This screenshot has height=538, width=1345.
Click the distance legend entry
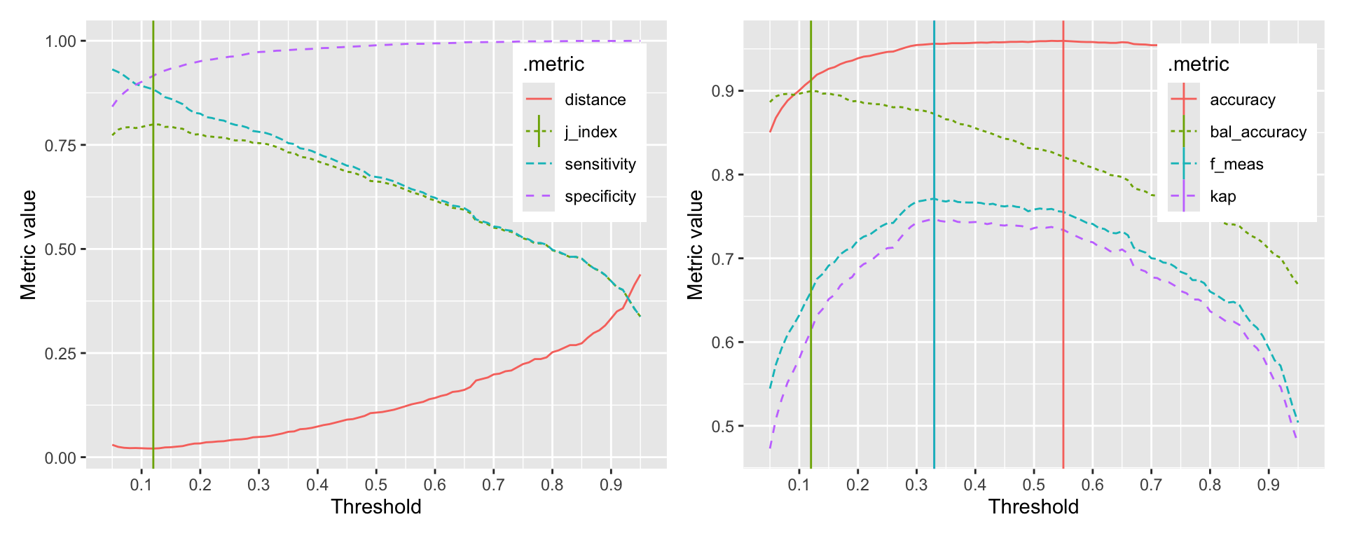click(x=595, y=99)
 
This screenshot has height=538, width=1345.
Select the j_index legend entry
click(x=591, y=132)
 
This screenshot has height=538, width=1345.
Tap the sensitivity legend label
click(x=600, y=164)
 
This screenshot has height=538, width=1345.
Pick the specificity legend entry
click(x=600, y=196)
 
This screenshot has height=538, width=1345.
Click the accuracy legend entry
click(x=1242, y=99)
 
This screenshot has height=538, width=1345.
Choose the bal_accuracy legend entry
click(x=1258, y=132)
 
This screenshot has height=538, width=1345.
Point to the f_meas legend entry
click(x=1236, y=164)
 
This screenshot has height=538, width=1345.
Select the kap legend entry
click(x=1222, y=196)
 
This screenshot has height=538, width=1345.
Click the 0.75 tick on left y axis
click(x=60, y=145)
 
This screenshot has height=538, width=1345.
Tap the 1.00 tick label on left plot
click(x=60, y=41)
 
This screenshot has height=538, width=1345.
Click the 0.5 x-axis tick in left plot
click(x=375, y=485)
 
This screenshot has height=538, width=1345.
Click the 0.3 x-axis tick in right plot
click(x=916, y=485)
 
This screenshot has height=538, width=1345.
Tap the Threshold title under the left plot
click(x=376, y=507)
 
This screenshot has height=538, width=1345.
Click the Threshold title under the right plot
click(x=1033, y=507)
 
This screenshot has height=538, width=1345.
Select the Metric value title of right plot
click(x=695, y=244)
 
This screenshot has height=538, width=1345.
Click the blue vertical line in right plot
click(x=934, y=315)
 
